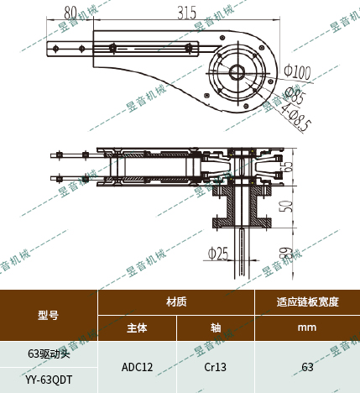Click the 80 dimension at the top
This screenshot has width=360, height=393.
click(70, 12)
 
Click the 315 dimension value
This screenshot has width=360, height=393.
click(186, 12)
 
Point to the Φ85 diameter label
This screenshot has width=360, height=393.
click(294, 94)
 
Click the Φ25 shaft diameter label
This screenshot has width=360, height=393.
click(217, 252)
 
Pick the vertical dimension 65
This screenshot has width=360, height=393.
click(288, 165)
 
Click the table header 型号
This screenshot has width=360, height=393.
click(48, 315)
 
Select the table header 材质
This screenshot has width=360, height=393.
click(176, 301)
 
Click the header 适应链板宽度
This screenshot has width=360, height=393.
click(307, 301)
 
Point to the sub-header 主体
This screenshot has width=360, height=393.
click(137, 327)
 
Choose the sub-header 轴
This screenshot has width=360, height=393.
click(215, 327)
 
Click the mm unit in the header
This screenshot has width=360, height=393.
click(307, 327)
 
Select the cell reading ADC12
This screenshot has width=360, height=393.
click(137, 367)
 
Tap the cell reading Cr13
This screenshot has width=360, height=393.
click(215, 367)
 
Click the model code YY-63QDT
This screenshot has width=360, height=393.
click(49, 380)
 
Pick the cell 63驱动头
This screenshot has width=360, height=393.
click(49, 354)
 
